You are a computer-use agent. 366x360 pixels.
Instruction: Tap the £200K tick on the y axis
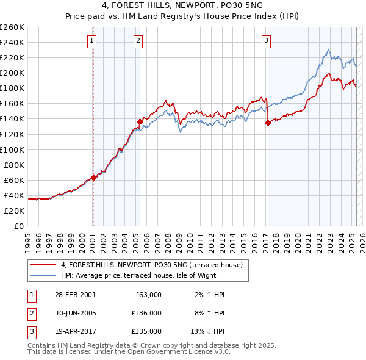click(12, 73)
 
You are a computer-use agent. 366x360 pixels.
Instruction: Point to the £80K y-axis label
click(13, 165)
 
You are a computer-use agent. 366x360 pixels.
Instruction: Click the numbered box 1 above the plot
click(91, 41)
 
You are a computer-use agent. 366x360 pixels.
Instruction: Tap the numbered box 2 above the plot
click(138, 41)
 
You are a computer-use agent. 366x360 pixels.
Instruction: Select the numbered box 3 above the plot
click(267, 41)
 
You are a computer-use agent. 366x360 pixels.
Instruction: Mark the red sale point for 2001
click(93, 178)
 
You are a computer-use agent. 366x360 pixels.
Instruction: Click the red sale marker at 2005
click(140, 121)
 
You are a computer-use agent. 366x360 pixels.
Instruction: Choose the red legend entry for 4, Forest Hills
click(152, 265)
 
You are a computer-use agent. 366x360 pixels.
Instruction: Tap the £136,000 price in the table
click(147, 313)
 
